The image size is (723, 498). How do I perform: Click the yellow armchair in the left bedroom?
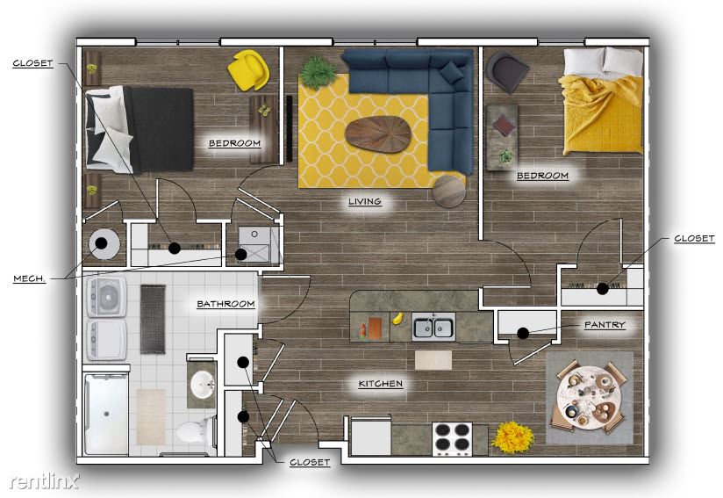(248, 69)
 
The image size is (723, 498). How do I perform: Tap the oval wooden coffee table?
(378, 134)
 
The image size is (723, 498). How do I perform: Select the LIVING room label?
(365, 201)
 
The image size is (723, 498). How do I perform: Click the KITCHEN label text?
(381, 384)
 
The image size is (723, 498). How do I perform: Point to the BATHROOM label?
(225, 304)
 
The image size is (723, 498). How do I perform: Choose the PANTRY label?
(605, 324)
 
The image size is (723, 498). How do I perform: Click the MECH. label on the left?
(30, 278)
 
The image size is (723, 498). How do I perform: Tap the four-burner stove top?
(452, 438)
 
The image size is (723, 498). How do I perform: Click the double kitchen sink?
(433, 327)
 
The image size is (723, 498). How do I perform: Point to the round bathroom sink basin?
(202, 384)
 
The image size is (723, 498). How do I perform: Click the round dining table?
(589, 397)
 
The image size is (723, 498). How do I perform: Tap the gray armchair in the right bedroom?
(507, 71)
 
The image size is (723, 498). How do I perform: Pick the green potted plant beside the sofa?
(319, 71)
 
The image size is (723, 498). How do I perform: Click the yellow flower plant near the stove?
(512, 437)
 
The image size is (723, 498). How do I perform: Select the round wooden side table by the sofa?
(448, 191)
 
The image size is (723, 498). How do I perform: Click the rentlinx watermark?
(44, 481)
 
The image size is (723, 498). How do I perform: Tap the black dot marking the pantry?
(523, 333)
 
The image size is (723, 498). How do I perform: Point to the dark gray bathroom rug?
(153, 320)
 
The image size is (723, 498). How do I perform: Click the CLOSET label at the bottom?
(310, 462)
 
